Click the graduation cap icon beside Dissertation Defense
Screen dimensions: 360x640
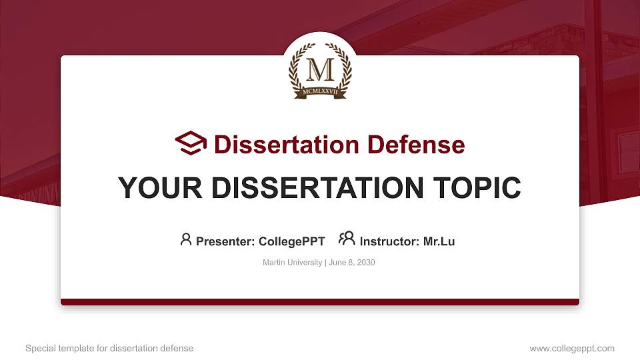[x=191, y=143]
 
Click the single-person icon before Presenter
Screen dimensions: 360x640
[x=186, y=239]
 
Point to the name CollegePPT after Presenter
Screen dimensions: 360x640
[x=291, y=241]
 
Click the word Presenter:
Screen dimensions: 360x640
[x=225, y=241]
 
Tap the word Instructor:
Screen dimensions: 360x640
[x=389, y=241]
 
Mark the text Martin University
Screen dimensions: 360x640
[x=293, y=263]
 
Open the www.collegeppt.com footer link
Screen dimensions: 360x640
[x=572, y=349]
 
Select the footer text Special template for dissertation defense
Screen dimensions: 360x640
[x=109, y=349]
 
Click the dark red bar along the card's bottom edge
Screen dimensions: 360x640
[x=320, y=302]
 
